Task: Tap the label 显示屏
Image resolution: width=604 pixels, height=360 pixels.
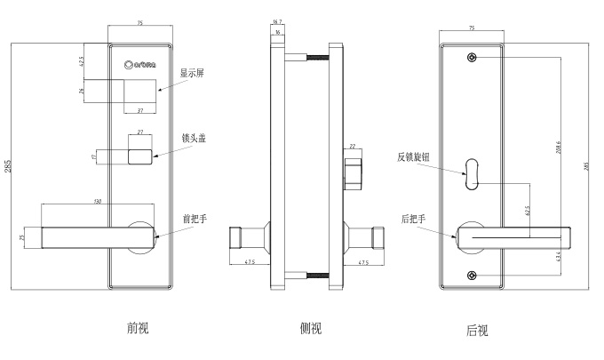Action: click(194, 74)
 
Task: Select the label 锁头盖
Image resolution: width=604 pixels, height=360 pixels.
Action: click(194, 139)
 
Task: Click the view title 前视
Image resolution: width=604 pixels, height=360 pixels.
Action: click(139, 327)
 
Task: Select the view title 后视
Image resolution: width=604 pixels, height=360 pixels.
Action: click(477, 331)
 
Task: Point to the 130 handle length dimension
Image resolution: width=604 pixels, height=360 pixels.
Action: click(97, 202)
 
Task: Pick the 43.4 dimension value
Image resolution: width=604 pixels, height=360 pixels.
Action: click(557, 257)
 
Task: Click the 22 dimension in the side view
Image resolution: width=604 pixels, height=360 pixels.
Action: click(352, 147)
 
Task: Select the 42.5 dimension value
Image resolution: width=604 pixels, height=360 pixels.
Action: click(82, 62)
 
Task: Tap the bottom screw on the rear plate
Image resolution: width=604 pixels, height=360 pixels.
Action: click(472, 275)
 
